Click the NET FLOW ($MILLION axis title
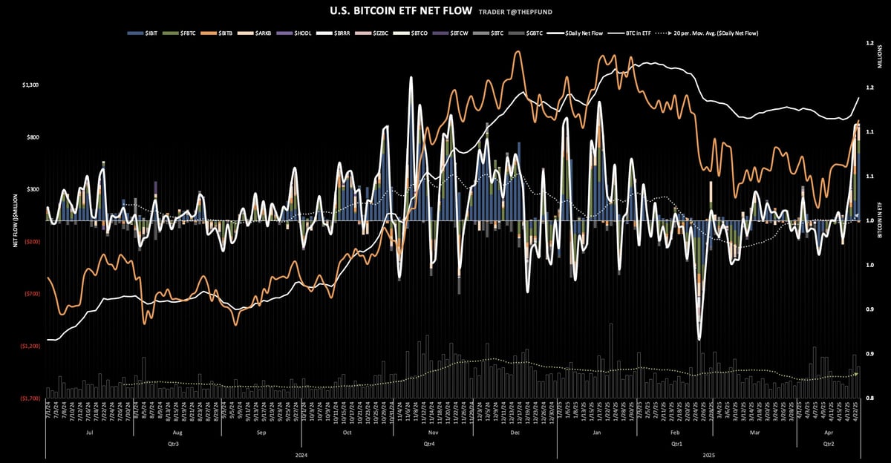coord(14,220)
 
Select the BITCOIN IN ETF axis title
coord(879,220)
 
